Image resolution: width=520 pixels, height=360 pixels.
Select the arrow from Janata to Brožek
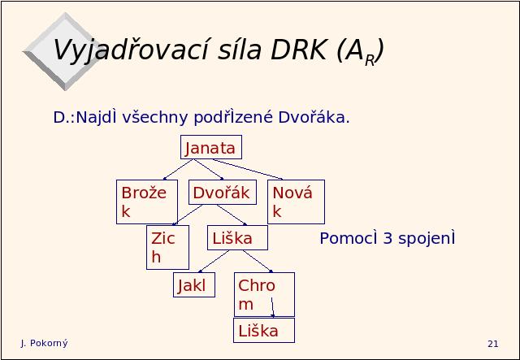pyautogui.click(x=178, y=170)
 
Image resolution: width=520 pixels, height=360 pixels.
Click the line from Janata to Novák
pyautogui.click(x=247, y=169)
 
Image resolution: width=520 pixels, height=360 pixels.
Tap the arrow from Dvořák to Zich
pyautogui.click(x=188, y=215)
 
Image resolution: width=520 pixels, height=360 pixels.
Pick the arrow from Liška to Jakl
pyautogui.click(x=214, y=262)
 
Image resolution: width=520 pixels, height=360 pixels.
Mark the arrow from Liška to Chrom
pyautogui.click(x=258, y=262)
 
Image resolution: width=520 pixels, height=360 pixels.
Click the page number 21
pyautogui.click(x=493, y=344)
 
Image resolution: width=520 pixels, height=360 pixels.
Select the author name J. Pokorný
pyautogui.click(x=44, y=343)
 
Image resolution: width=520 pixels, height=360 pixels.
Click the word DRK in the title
pyautogui.click(x=299, y=50)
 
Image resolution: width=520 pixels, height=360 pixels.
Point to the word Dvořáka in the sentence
pyautogui.click(x=314, y=117)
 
